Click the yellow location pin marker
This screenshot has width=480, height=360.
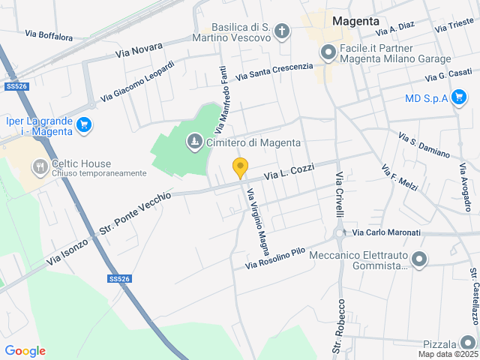coord(240,168)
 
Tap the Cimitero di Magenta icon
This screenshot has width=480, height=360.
coord(194,142)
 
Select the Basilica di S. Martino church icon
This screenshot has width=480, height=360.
coord(281,31)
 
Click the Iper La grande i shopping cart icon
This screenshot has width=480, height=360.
coord(84,125)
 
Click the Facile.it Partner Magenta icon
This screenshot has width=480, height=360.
coord(327,52)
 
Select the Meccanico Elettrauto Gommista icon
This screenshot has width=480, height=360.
coord(419,260)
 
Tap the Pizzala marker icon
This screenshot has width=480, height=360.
coord(468,341)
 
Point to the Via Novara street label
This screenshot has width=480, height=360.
coord(139,50)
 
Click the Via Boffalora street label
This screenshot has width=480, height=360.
coord(49,34)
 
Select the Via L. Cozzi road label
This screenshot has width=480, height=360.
coord(289,172)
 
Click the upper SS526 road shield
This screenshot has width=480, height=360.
coord(16,86)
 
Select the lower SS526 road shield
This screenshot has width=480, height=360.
coord(119,279)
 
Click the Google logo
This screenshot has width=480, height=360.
coord(25,350)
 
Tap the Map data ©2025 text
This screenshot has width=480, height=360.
coord(448,354)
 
